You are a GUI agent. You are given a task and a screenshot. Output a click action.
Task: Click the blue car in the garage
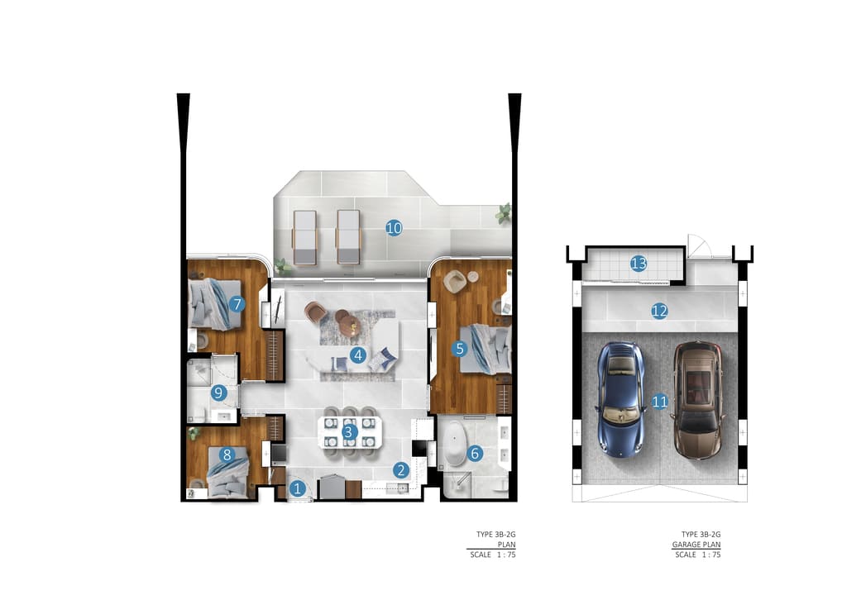[620, 399]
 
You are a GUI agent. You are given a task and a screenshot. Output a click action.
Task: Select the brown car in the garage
[697, 400]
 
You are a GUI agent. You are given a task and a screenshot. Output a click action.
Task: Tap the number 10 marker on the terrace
[394, 228]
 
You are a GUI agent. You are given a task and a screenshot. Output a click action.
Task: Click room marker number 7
[237, 304]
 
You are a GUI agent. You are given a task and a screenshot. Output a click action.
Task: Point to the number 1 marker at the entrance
[297, 488]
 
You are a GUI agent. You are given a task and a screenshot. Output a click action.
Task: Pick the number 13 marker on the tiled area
[639, 264]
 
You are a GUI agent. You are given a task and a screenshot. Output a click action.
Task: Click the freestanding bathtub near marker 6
[456, 444]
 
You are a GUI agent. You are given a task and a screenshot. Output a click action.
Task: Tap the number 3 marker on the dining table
[349, 432]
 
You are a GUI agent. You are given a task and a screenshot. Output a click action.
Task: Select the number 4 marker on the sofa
[357, 355]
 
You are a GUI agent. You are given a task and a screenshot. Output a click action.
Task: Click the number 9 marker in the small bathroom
[218, 393]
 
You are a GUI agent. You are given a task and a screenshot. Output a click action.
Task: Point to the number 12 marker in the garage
[659, 311]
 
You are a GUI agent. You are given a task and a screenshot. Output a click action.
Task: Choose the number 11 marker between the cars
[659, 402]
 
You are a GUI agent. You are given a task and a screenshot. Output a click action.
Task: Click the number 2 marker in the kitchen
[400, 470]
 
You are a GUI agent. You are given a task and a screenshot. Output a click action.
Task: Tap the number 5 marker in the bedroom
[459, 349]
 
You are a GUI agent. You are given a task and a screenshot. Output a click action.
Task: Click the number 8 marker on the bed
[227, 455]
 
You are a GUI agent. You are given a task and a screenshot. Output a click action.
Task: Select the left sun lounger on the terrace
[304, 237]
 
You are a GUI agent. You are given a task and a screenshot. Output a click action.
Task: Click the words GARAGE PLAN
[696, 545]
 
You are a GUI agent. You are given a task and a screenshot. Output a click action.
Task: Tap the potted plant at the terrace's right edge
[504, 213]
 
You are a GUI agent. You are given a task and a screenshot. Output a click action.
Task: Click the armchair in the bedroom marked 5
[454, 281]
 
